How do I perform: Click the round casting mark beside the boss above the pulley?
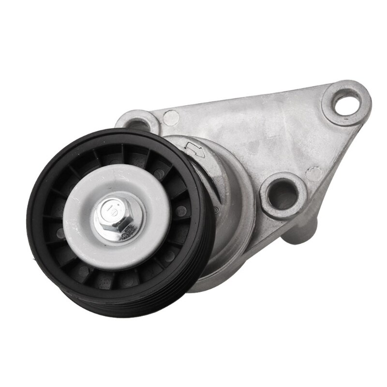(171, 117)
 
